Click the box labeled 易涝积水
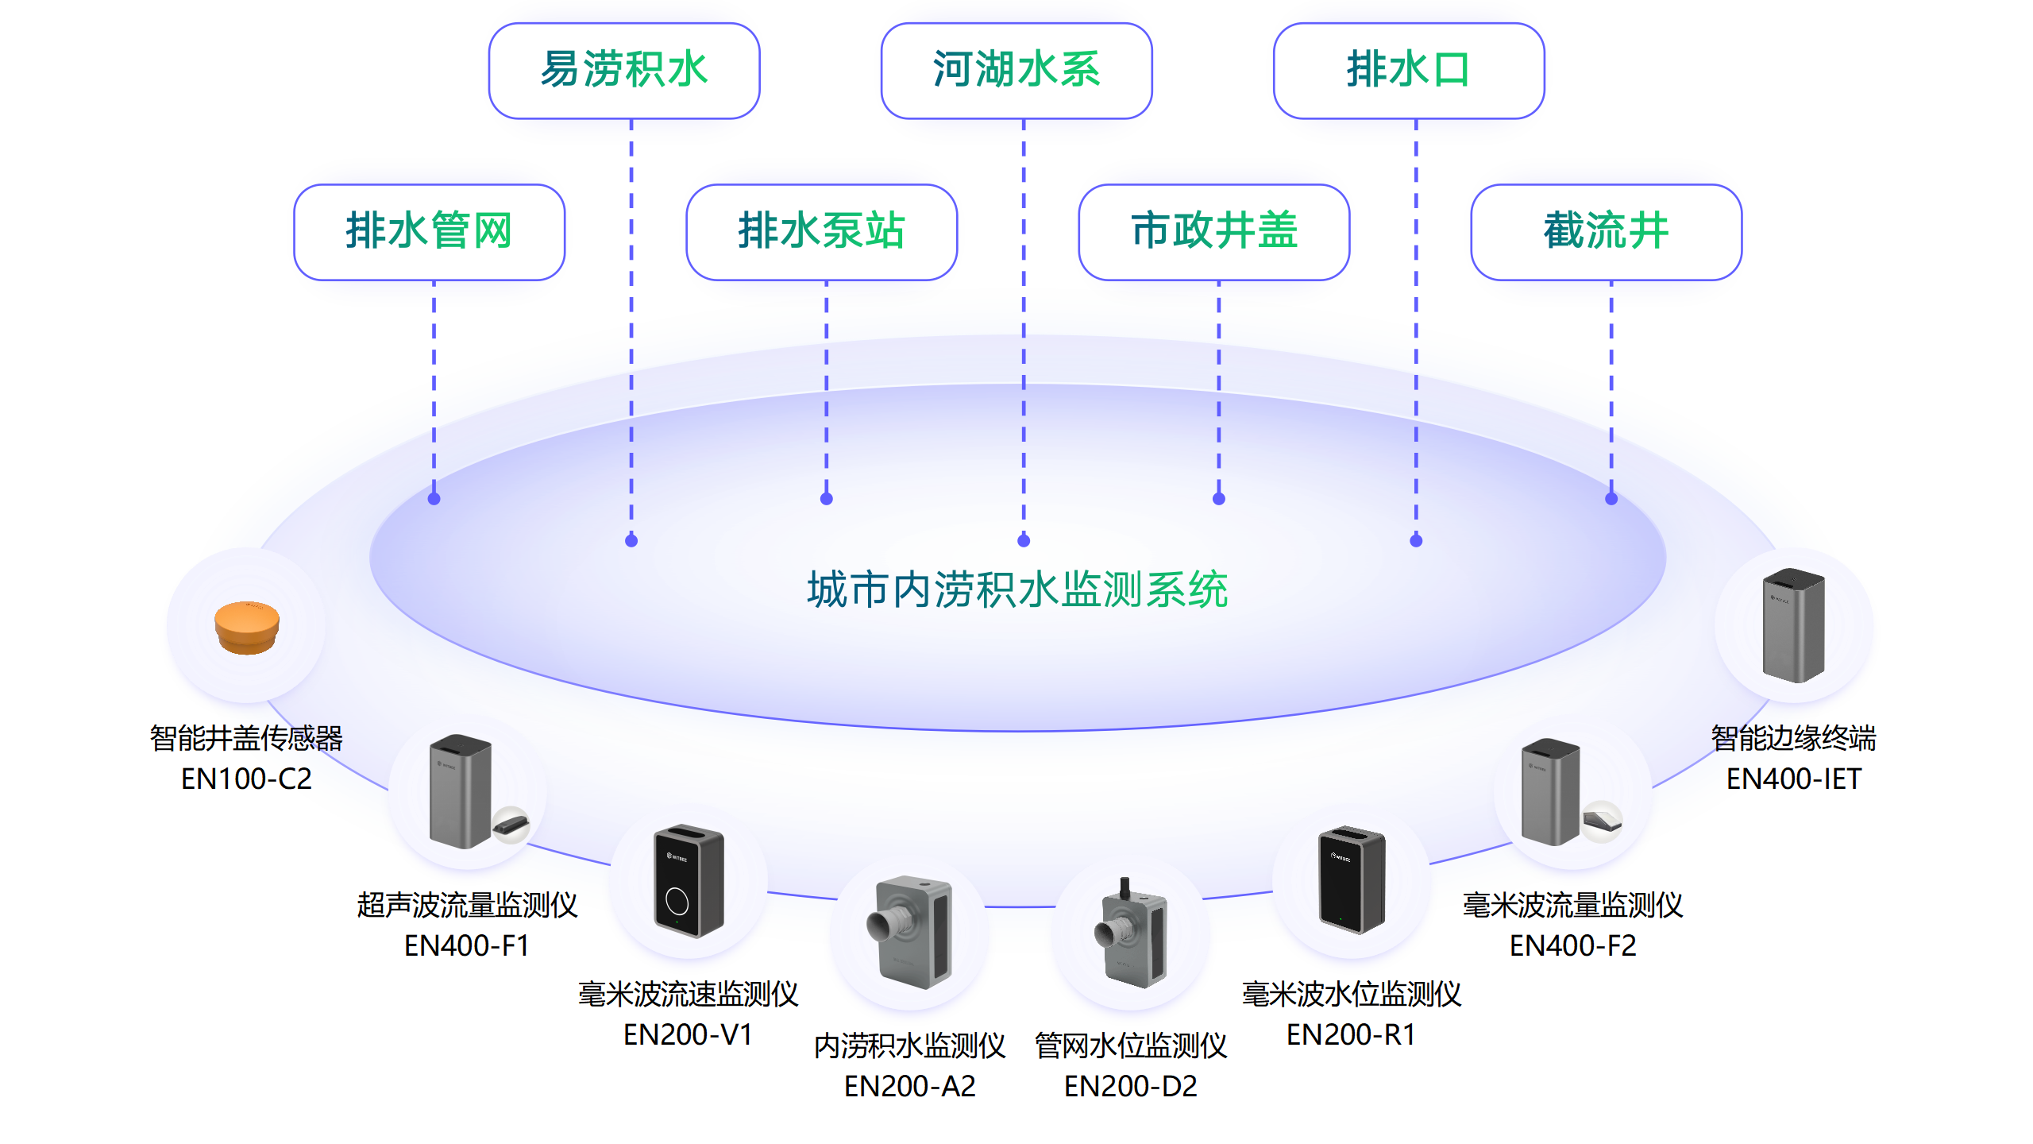[624, 70]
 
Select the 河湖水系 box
[1016, 70]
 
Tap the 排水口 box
[1409, 70]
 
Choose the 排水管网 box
[429, 231]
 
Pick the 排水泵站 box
[821, 231]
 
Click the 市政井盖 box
[1213, 231]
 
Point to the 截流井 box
[1606, 231]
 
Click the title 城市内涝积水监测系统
[1017, 589]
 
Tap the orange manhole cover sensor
[247, 627]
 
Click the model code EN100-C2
[246, 779]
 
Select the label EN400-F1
[466, 945]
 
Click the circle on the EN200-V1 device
[677, 901]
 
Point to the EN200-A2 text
[909, 1086]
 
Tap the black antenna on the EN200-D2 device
[1125, 887]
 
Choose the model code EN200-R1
[1350, 1034]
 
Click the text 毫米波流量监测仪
[1572, 905]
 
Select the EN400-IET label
[1793, 779]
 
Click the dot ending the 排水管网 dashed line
[434, 499]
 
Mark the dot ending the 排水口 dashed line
[1416, 541]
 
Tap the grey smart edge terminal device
[1793, 625]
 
